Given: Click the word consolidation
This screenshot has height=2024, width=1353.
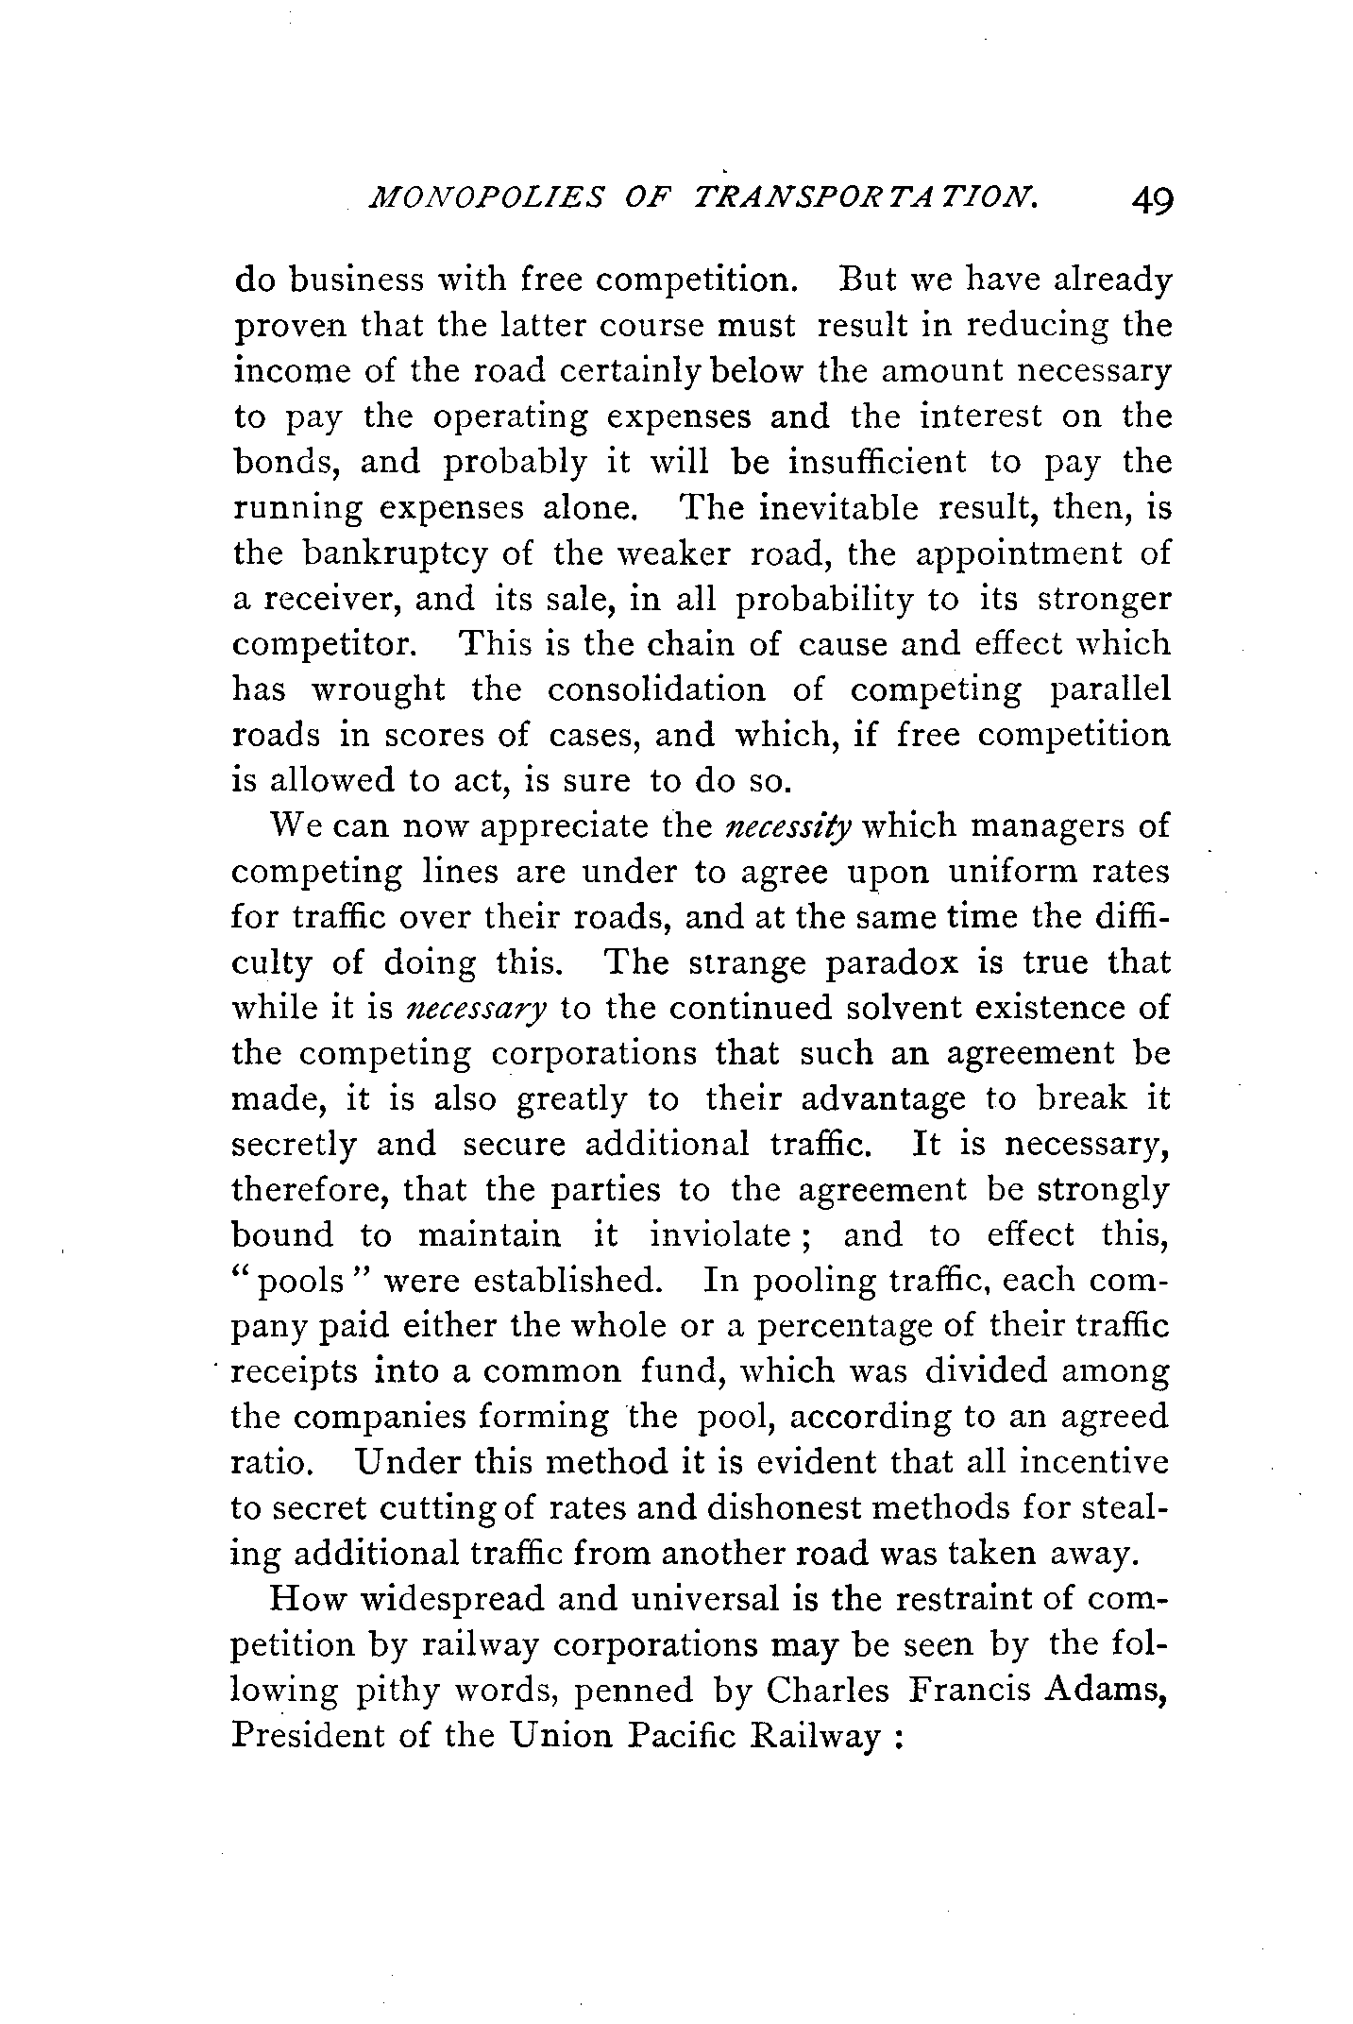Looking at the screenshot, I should pyautogui.click(x=657, y=690).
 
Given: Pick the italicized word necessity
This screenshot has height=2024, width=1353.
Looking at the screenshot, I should pyautogui.click(x=788, y=826).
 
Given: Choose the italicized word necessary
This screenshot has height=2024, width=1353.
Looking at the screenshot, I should pyautogui.click(x=475, y=1009).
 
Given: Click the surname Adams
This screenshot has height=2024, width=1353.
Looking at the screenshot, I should pyautogui.click(x=1106, y=1690).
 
